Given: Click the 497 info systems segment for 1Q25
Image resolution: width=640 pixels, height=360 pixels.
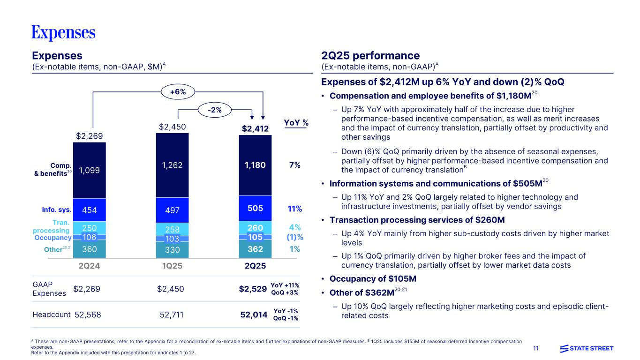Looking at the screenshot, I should [172, 209].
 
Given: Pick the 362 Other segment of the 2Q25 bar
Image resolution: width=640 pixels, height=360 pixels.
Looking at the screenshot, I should [256, 249].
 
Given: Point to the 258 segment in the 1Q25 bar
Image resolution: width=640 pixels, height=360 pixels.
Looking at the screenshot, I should [172, 229].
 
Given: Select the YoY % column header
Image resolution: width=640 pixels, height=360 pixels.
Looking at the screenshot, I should [296, 123].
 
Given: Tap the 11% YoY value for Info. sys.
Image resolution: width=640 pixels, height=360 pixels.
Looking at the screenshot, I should [294, 209].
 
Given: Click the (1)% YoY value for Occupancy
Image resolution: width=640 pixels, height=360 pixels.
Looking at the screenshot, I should [294, 237].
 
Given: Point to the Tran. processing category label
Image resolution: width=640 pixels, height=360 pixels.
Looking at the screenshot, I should [52, 227].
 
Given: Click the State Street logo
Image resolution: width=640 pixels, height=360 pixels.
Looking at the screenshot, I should [587, 348].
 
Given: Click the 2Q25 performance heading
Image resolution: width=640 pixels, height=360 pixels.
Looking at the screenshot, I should [370, 56].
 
